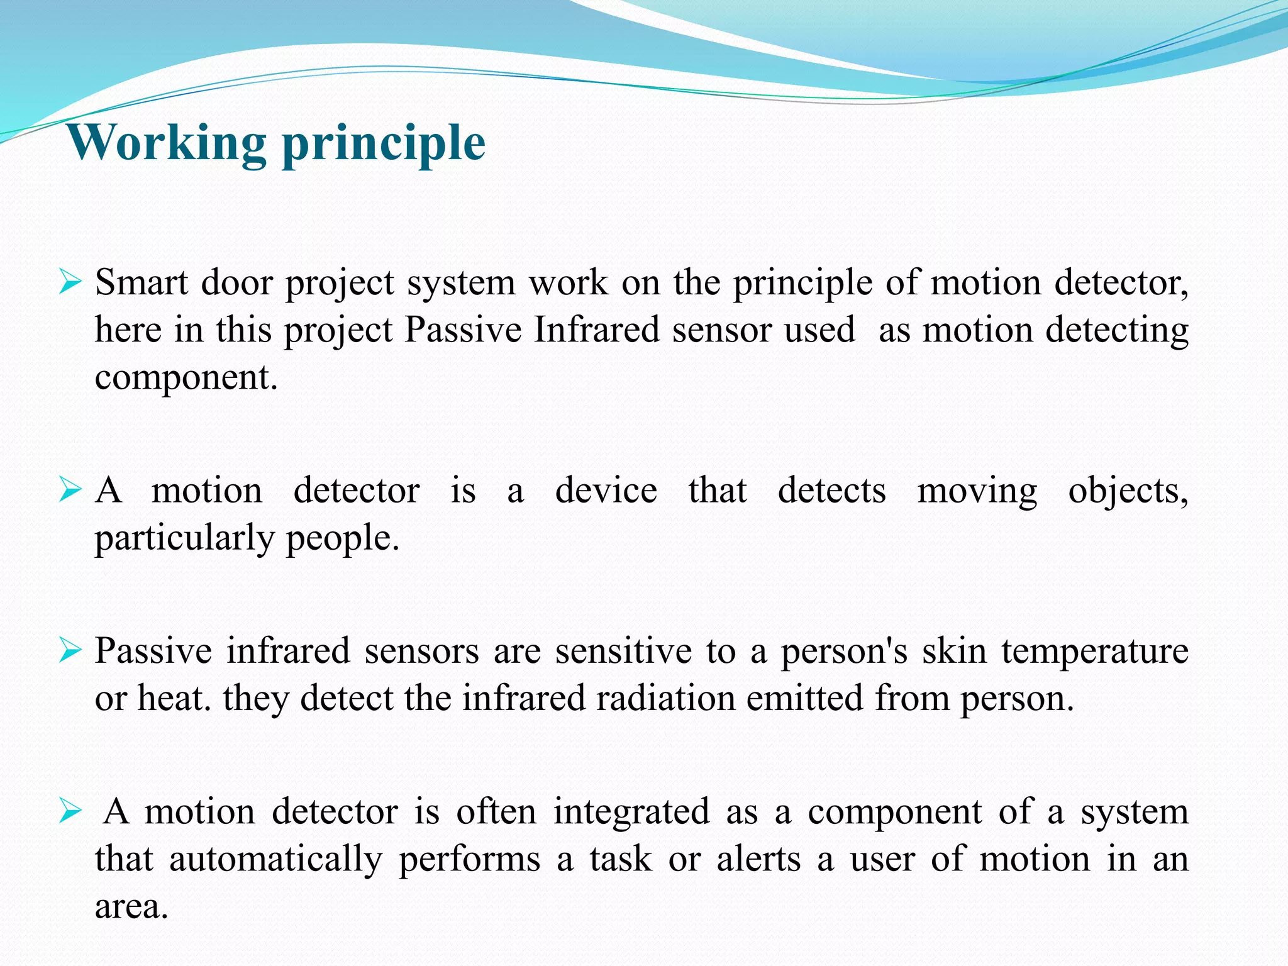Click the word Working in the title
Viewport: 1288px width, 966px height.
click(x=167, y=143)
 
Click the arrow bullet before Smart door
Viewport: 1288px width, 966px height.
click(x=70, y=282)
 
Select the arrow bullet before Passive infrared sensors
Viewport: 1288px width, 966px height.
click(x=70, y=650)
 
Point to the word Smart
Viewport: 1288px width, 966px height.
click(x=141, y=282)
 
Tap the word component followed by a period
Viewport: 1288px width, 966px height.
click(x=186, y=378)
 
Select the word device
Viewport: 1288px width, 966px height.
click(x=606, y=491)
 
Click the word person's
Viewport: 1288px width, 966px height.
click(x=844, y=651)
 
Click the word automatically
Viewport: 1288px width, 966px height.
click(x=275, y=860)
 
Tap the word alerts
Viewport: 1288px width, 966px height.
click(x=758, y=859)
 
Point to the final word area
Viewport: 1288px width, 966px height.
click(x=131, y=907)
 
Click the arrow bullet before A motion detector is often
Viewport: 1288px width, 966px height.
click(x=70, y=811)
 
